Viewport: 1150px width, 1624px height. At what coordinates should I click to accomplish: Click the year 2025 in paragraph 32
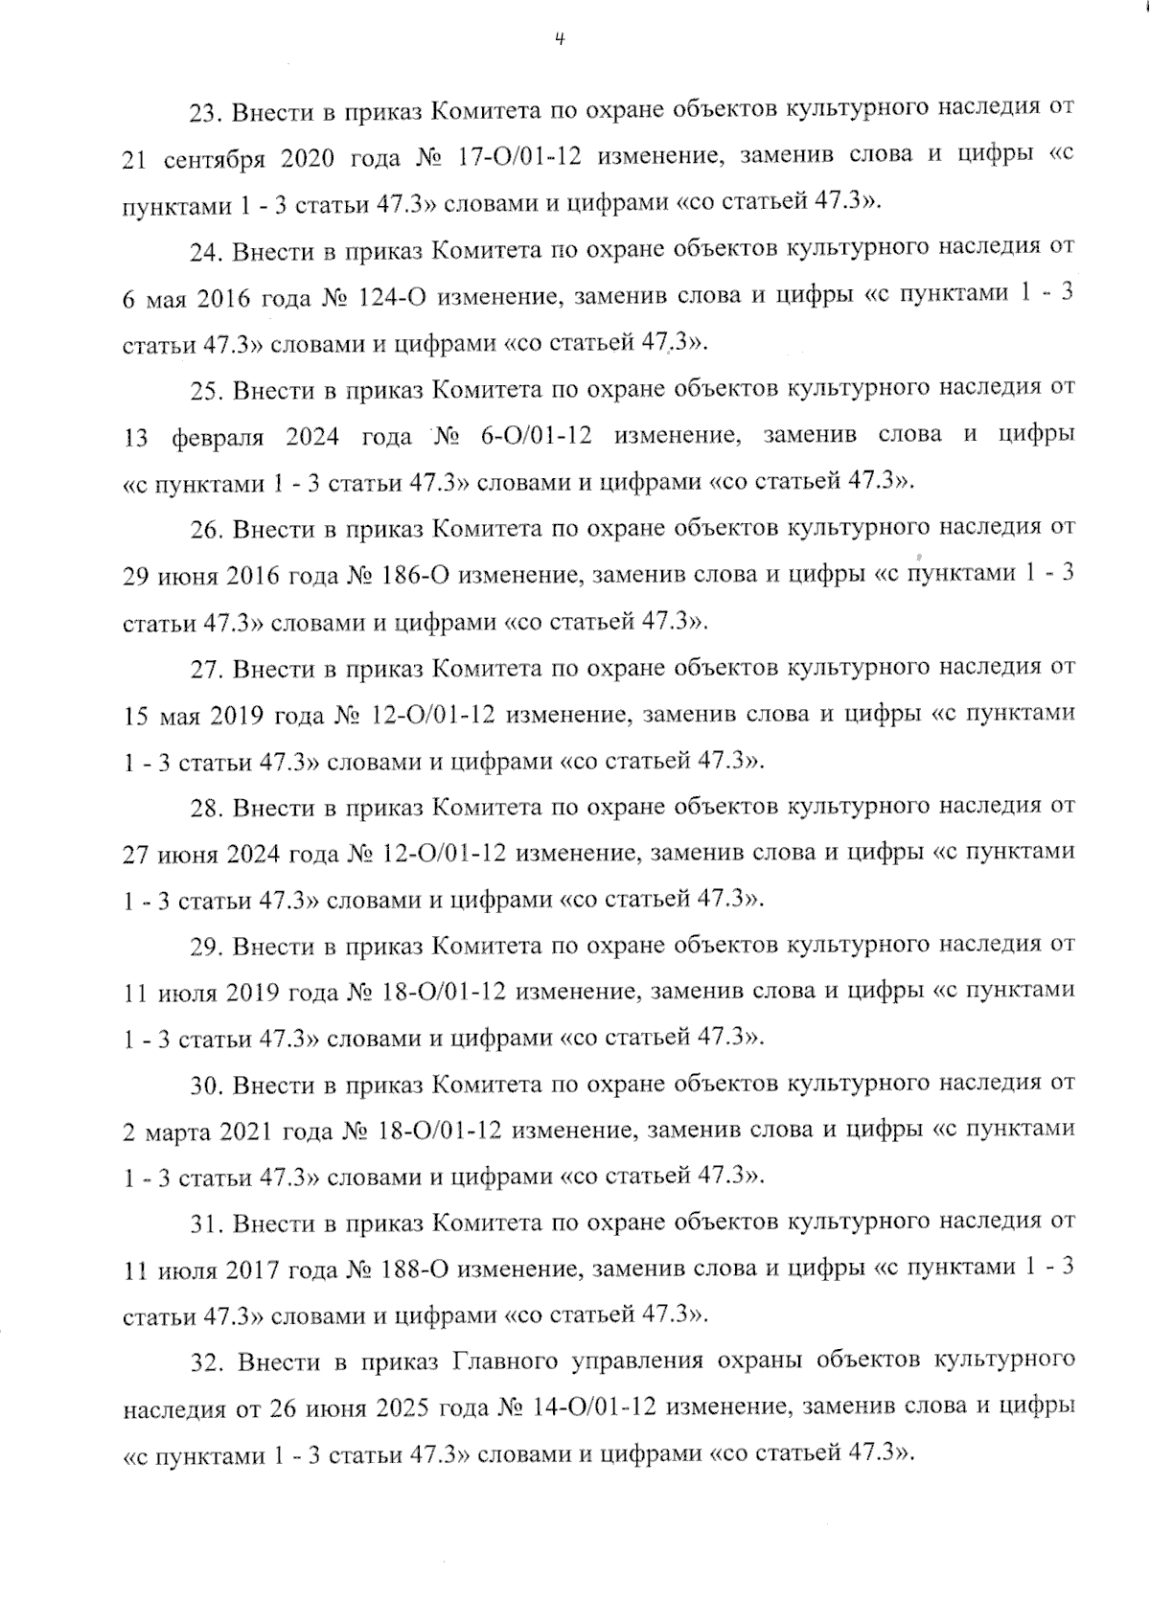point(406,1408)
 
